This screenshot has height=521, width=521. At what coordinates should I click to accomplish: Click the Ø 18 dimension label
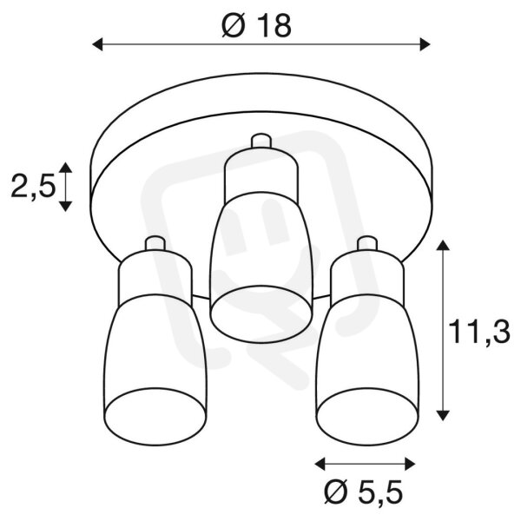click(256, 26)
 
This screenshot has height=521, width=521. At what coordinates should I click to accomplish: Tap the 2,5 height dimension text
click(32, 187)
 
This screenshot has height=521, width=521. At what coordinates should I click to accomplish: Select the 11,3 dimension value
click(478, 333)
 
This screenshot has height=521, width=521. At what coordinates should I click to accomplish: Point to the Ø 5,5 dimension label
click(364, 492)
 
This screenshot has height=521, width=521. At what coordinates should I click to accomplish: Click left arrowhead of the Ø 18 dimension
click(97, 44)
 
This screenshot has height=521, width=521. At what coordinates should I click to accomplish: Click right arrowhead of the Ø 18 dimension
click(425, 44)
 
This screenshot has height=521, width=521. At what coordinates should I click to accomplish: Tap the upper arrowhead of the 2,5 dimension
click(65, 168)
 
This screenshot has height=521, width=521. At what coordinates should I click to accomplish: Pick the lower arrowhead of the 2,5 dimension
click(65, 207)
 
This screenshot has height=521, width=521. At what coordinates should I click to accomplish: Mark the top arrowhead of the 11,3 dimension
click(442, 246)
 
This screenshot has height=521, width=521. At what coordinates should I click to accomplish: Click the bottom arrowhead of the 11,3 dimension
click(442, 415)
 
